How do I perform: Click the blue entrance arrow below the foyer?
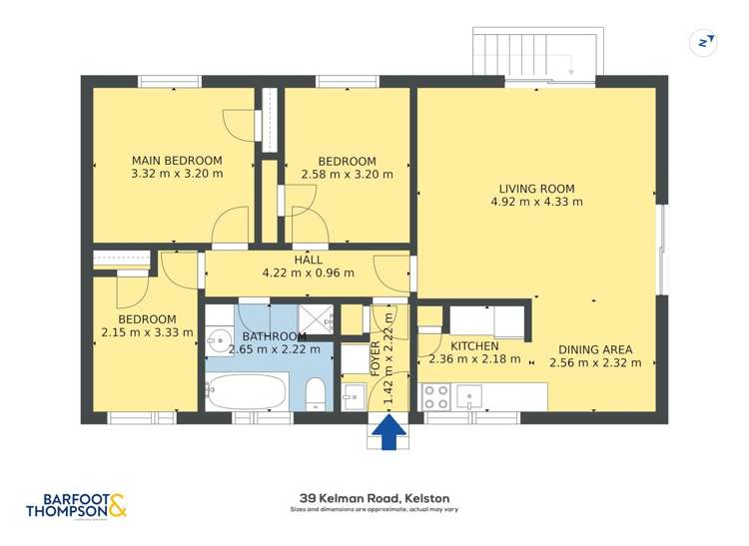(x=389, y=432)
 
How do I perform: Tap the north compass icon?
(x=705, y=42)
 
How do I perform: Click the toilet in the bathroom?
(x=315, y=393)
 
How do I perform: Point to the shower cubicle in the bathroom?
(x=318, y=319)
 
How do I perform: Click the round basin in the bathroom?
(x=219, y=341)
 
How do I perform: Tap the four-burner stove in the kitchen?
(x=435, y=396)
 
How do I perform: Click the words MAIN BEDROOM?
(x=177, y=160)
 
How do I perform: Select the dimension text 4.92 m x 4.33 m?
(x=536, y=202)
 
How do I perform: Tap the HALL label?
(x=308, y=259)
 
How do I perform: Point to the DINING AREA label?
(x=595, y=349)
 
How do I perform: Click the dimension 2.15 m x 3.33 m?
(x=148, y=333)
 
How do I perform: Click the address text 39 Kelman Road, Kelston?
(x=374, y=497)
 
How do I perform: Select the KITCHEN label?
(x=474, y=346)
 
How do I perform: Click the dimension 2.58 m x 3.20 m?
(x=347, y=174)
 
